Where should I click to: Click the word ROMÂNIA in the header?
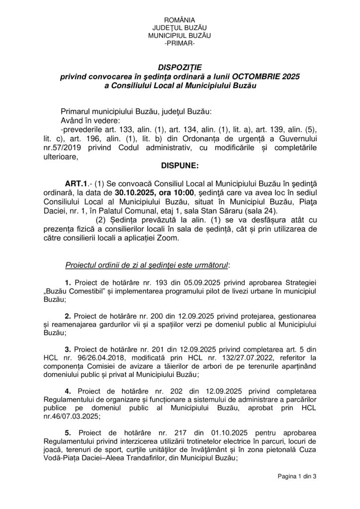(180, 18)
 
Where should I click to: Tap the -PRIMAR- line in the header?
(180, 44)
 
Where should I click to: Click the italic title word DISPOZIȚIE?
(180, 67)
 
